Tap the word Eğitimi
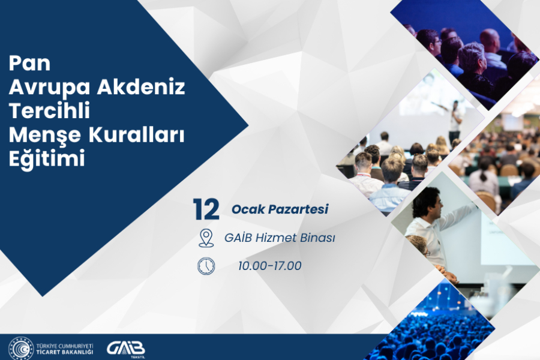point(47,160)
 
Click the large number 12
point(206,210)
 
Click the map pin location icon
point(206,238)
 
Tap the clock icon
point(206,265)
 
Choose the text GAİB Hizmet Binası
point(279,238)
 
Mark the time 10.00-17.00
point(269,266)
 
